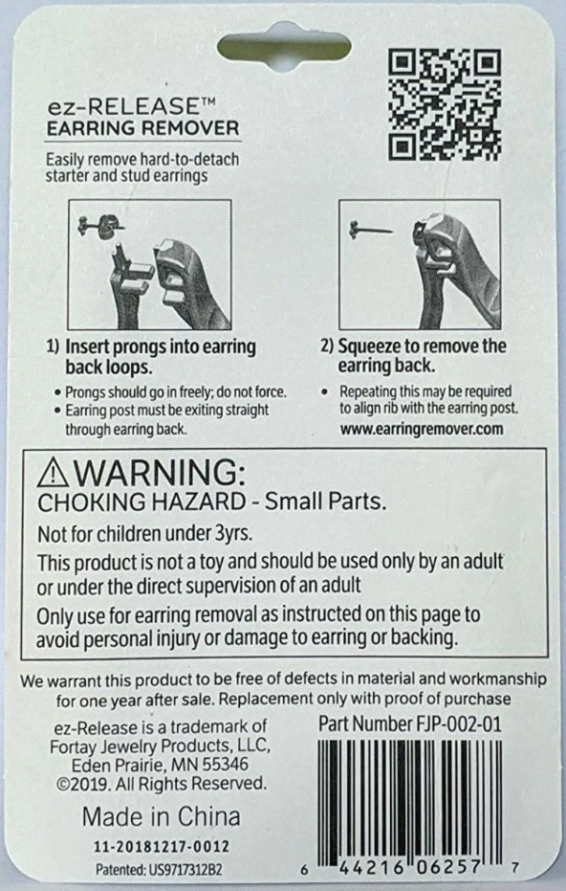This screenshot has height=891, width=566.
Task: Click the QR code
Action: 444,105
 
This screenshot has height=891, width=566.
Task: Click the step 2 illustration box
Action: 419,264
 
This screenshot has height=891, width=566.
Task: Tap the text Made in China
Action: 161,817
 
